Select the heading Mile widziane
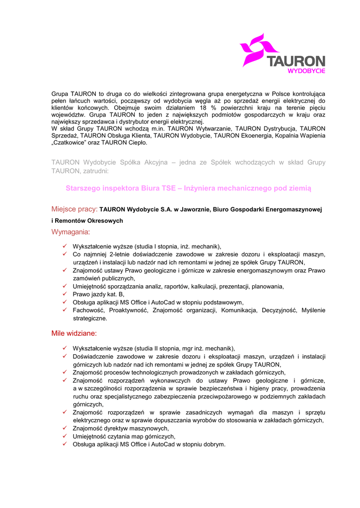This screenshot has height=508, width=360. pyautogui.click(x=74, y=333)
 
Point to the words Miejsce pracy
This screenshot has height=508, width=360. pyautogui.click(x=74, y=209)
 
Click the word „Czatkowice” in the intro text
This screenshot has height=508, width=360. pyautogui.click(x=71, y=142)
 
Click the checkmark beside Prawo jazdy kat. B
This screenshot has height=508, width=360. pyautogui.click(x=65, y=294)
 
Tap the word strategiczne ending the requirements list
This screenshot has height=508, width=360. pyautogui.click(x=90, y=318)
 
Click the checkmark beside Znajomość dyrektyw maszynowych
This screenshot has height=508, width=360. pyautogui.click(x=65, y=428)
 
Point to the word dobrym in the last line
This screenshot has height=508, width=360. pyautogui.click(x=214, y=444)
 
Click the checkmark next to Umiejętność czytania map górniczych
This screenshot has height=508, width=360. pyautogui.click(x=65, y=436)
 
